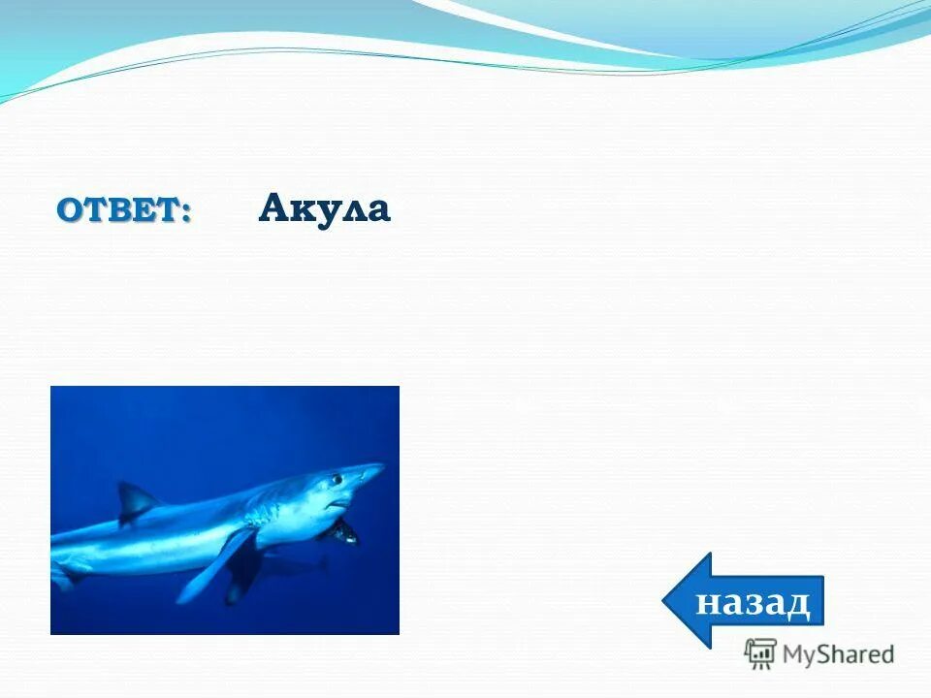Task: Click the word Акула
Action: (x=324, y=208)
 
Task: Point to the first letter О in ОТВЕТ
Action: (x=70, y=209)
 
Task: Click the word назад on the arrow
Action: (x=753, y=602)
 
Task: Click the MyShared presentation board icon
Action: (x=760, y=653)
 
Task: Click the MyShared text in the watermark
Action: (x=838, y=654)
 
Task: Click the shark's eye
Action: (x=337, y=479)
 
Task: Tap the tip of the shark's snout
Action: (x=382, y=468)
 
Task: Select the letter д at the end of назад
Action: (x=797, y=603)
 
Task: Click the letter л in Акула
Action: (x=348, y=210)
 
